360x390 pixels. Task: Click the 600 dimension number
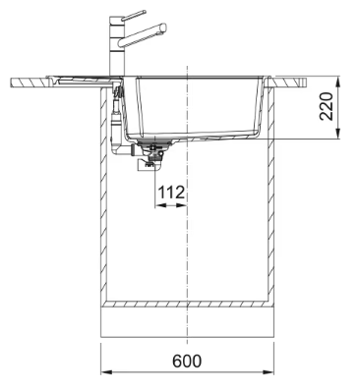tap(186, 360)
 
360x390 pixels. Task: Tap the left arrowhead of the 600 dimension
tap(107, 373)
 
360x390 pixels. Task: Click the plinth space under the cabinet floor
tap(186, 322)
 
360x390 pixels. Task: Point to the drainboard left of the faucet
tap(69, 80)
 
